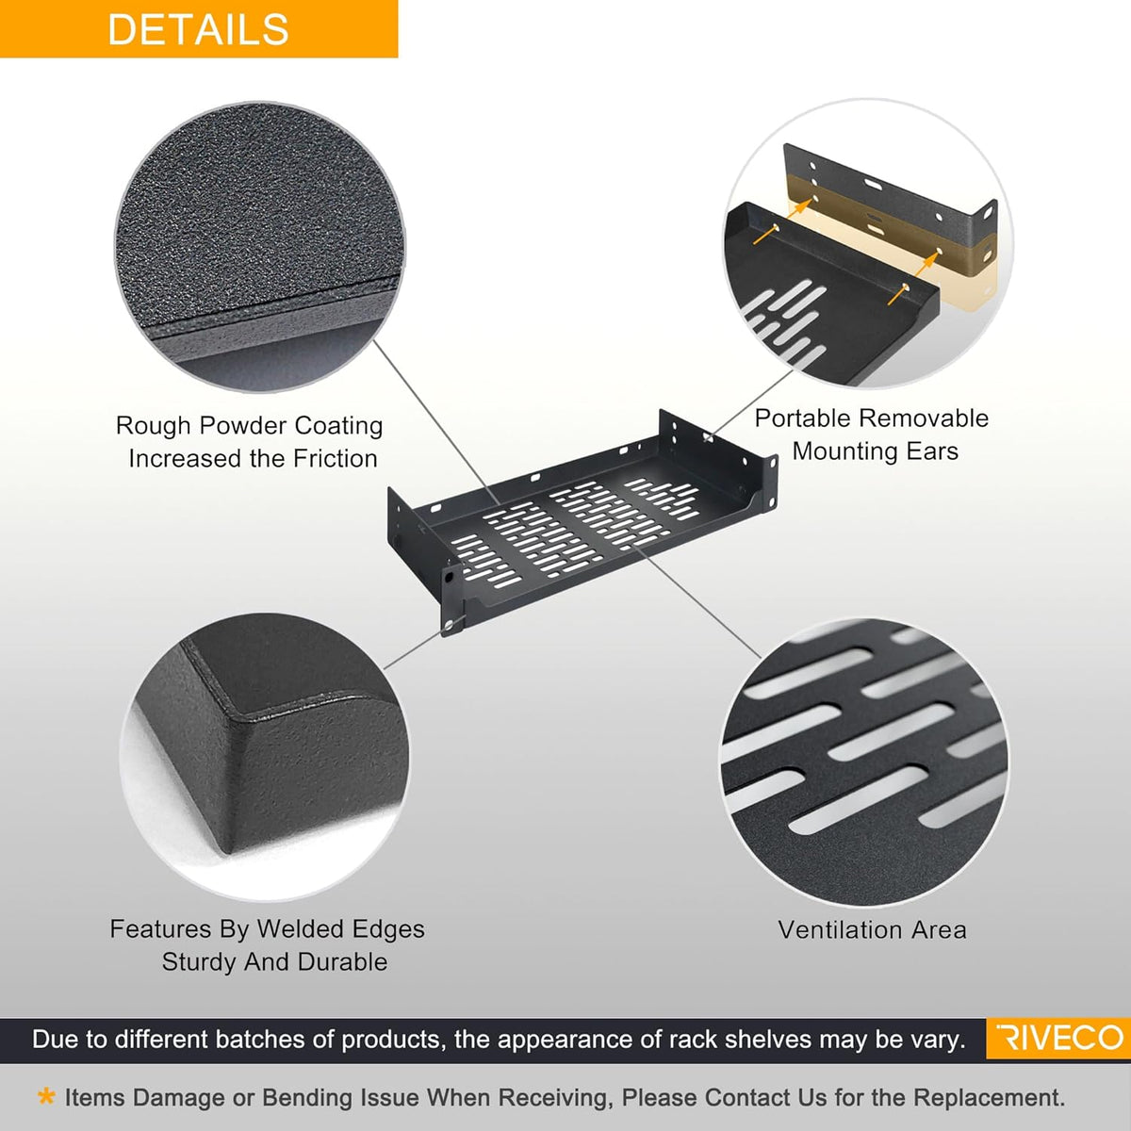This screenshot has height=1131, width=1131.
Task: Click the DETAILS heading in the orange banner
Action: tap(198, 29)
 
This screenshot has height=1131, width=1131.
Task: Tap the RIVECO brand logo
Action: tap(1060, 1039)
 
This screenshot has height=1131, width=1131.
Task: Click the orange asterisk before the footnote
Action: tap(46, 1096)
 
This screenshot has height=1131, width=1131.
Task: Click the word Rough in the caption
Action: tap(153, 426)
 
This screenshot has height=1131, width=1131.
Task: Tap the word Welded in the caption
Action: tap(297, 929)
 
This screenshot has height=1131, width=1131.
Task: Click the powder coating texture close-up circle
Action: tap(260, 247)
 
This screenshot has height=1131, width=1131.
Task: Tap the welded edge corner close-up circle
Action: tap(265, 757)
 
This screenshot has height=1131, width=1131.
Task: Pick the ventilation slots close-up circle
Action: tap(864, 762)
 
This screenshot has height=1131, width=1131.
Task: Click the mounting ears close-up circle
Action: tap(868, 243)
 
